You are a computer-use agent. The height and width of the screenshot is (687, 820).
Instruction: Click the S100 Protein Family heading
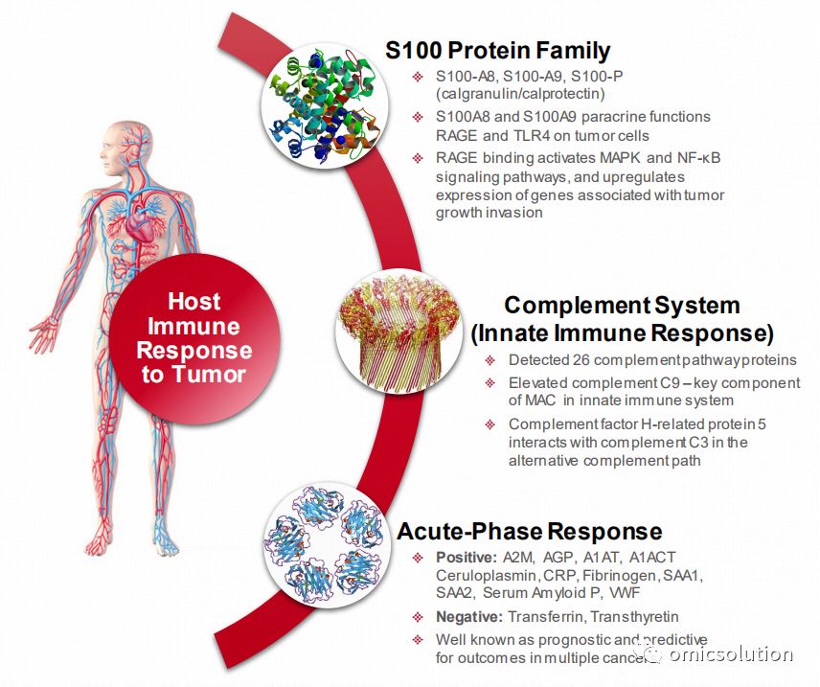click(x=497, y=50)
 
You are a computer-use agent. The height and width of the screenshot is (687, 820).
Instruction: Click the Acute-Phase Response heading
click(x=529, y=531)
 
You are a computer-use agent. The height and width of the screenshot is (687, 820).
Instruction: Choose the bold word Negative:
click(x=469, y=617)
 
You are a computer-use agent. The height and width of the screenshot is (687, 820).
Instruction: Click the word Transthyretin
click(x=634, y=617)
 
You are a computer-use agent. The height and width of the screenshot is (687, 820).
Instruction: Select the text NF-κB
click(x=698, y=157)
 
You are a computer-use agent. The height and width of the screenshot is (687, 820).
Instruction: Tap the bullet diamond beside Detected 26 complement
click(x=490, y=360)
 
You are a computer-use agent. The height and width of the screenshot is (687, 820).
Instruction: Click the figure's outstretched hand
click(x=44, y=333)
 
